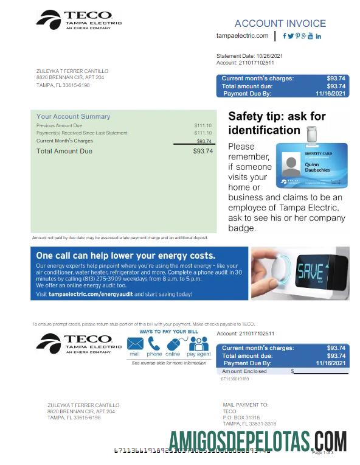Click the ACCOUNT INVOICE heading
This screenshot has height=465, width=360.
[280, 24]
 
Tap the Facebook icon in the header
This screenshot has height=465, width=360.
[285, 36]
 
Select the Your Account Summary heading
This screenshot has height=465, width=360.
[74, 116]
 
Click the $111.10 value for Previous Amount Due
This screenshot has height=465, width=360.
[202, 125]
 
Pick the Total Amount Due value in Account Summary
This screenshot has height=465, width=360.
[202, 151]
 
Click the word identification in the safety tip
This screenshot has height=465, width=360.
[264, 130]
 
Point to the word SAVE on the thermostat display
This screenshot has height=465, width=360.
[309, 270]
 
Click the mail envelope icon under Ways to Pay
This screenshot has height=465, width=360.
[134, 344]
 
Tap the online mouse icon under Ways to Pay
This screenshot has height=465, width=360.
[173, 344]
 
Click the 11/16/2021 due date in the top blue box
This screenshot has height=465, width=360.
[330, 94]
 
